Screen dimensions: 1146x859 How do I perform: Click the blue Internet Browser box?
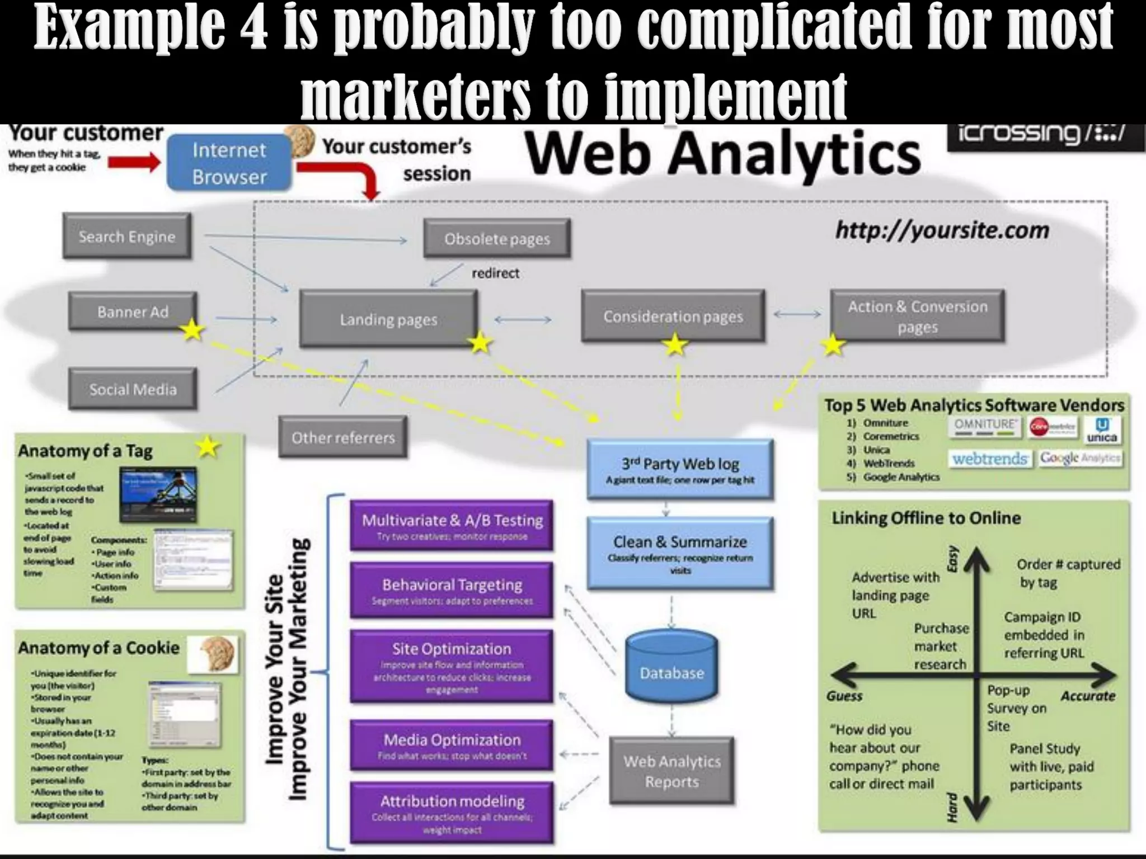tap(229, 163)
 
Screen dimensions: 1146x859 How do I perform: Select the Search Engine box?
tap(127, 236)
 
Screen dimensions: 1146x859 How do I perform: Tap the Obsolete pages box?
tap(497, 239)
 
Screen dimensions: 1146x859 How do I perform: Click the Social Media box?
tap(133, 389)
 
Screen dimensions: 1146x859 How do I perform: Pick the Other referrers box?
tap(342, 437)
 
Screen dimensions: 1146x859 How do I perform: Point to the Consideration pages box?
tap(673, 316)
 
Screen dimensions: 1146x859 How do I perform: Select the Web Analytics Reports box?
tap(671, 771)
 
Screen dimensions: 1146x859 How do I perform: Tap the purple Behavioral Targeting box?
tap(452, 590)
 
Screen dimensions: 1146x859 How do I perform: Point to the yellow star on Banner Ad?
tap(192, 331)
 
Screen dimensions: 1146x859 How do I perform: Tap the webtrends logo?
tap(990, 459)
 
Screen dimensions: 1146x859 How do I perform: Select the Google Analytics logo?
tap(1080, 459)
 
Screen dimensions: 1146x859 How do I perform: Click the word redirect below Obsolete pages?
tap(495, 273)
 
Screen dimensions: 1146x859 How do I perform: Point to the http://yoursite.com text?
tap(942, 230)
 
